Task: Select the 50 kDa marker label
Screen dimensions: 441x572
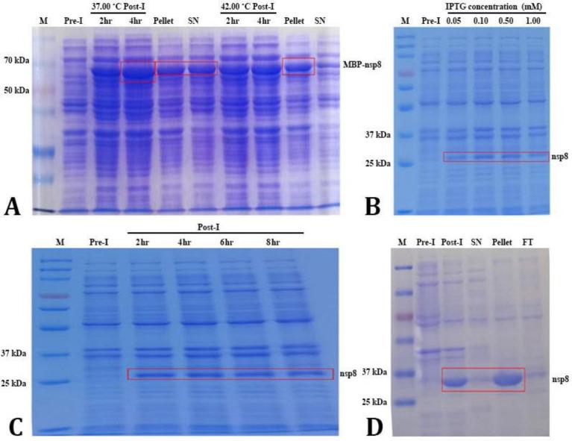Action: click(x=16, y=90)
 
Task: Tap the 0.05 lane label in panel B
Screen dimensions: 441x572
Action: click(x=454, y=20)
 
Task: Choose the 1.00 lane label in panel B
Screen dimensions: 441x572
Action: click(x=532, y=20)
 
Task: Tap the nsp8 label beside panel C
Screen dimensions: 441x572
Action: click(x=348, y=374)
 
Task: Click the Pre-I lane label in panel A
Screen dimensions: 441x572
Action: click(x=73, y=20)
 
